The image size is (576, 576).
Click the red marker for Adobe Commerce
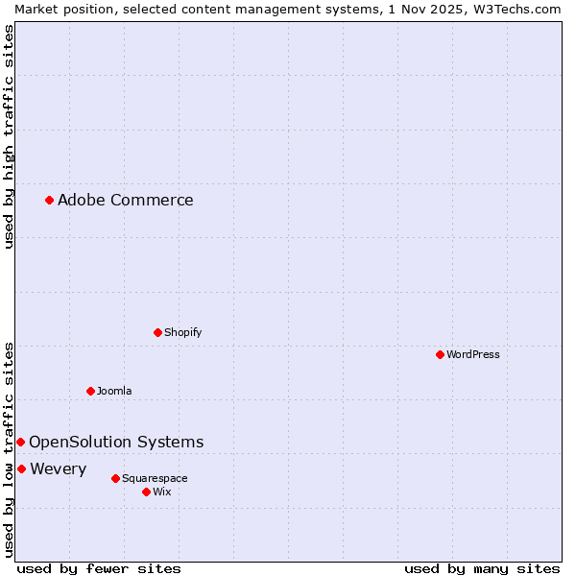pyautogui.click(x=49, y=200)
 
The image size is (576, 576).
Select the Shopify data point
pyautogui.click(x=157, y=332)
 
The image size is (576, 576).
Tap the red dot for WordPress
pyautogui.click(x=440, y=354)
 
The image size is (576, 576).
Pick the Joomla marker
pyautogui.click(x=90, y=391)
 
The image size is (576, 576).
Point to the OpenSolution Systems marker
pyautogui.click(x=20, y=442)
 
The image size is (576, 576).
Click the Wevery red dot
pyautogui.click(x=21, y=468)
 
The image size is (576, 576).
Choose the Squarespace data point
pyautogui.click(x=115, y=478)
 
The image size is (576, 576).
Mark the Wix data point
pyautogui.click(x=146, y=492)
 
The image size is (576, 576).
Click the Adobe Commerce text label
pyautogui.click(x=125, y=200)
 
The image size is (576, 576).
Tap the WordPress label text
pyautogui.click(x=473, y=354)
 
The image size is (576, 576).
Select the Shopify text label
pyautogui.click(x=182, y=332)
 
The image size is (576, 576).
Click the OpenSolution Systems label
pyautogui.click(x=116, y=442)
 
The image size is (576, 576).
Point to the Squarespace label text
pyautogui.click(x=155, y=478)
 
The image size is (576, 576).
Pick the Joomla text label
pyautogui.click(x=114, y=391)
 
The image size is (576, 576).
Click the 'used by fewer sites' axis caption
pyautogui.click(x=99, y=568)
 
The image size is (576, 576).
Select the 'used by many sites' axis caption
pyautogui.click(x=482, y=568)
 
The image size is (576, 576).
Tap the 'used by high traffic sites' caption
pyautogui.click(x=10, y=136)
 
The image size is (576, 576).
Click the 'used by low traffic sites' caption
pyautogui.click(x=10, y=448)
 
